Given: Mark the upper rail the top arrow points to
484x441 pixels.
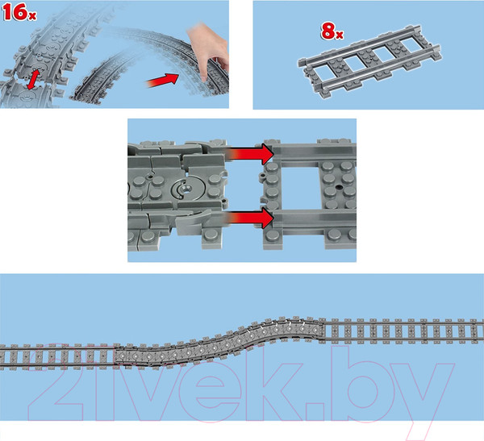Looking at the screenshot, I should click(315, 150).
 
